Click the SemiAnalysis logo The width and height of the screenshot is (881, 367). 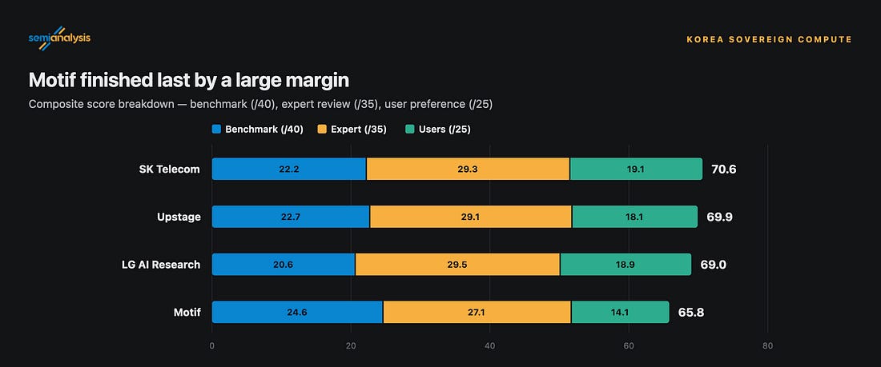coord(59,38)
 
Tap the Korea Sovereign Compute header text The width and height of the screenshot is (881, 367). coord(769,39)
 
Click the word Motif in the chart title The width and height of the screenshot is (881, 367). coord(51,80)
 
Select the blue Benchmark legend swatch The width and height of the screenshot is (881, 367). coord(216,130)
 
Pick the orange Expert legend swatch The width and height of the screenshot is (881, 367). coord(322,130)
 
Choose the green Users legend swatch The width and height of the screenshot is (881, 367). coord(409,130)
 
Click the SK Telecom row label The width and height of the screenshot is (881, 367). coord(169,169)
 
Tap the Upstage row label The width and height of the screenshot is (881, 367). coord(179,217)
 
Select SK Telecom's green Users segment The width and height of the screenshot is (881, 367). coord(636,169)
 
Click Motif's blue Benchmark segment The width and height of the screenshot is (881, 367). coord(297,312)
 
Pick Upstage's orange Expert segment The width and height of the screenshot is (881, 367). coord(471,217)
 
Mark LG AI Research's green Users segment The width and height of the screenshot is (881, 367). coord(626,265)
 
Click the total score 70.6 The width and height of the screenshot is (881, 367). coord(724,169)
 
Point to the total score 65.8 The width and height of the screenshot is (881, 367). coord(691,312)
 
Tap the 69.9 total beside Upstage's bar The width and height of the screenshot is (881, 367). coord(720,217)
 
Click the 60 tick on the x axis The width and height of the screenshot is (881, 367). coord(629,346)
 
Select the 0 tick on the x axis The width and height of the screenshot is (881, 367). coord(211,346)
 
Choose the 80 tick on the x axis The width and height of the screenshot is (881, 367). coord(767,346)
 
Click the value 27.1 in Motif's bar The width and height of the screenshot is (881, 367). coord(477,313)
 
